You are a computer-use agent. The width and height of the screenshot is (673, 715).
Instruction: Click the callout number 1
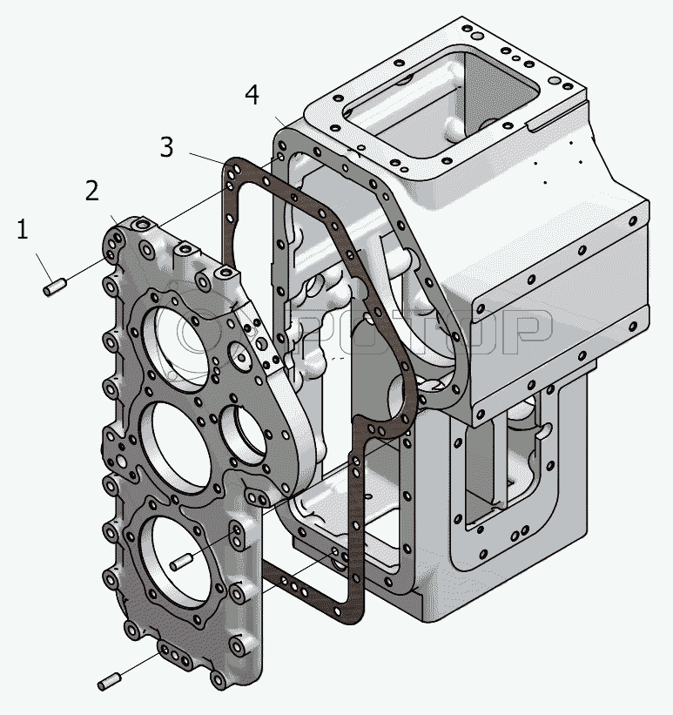coord(22,231)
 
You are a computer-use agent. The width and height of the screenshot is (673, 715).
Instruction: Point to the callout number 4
coord(252,95)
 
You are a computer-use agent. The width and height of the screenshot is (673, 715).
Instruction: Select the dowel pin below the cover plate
coord(110,682)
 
